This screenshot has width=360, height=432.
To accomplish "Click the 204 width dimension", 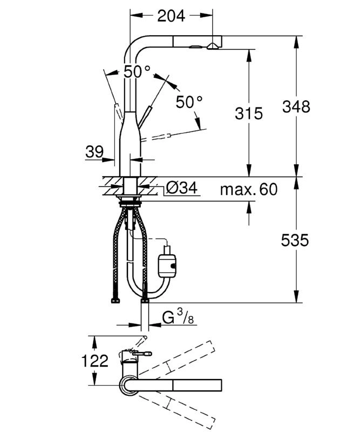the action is pos(171,16).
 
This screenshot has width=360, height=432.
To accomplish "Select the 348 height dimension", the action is pos(296,106).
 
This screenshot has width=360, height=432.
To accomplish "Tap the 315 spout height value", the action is pos(249,113).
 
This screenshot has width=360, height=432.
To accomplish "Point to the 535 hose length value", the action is pos(295,240).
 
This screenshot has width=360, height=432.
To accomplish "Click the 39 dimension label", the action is pos(94,152).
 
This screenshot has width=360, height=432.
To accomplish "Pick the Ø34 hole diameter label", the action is pos(182,188).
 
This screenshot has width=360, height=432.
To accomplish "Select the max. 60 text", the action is pos(249,190).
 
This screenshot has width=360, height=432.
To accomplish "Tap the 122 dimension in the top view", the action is pos(95,361).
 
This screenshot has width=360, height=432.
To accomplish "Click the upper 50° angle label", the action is pos(137,72).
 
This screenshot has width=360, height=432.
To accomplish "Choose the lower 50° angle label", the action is pos(189,102).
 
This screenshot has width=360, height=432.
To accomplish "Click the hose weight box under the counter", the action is pos(167,266).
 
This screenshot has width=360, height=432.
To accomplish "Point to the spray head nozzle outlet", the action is pos(212,46).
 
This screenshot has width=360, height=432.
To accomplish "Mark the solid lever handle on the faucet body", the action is pos(145,117).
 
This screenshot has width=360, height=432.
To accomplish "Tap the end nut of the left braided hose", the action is pos(116,301).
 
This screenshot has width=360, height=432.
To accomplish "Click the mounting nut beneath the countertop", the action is pos(130,204).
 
